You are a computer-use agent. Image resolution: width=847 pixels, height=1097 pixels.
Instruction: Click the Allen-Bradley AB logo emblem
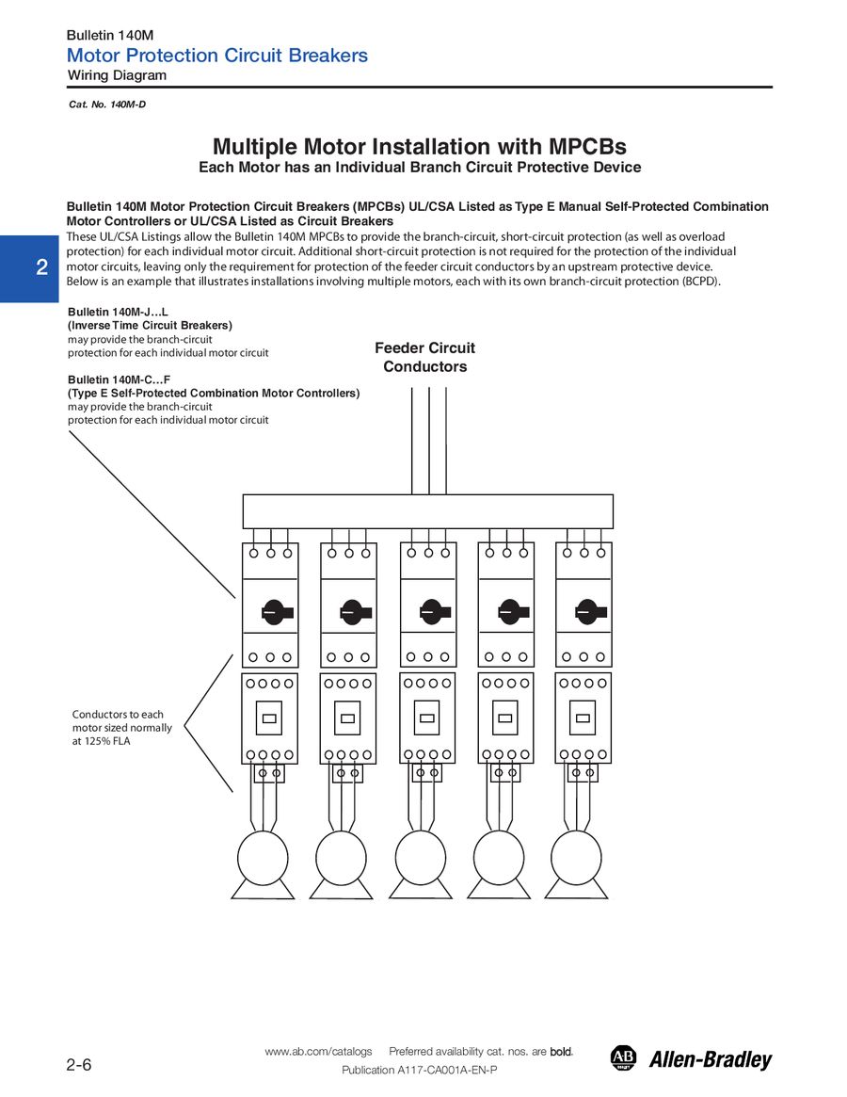(623, 1057)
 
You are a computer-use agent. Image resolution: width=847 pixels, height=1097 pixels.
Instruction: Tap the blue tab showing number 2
(29, 268)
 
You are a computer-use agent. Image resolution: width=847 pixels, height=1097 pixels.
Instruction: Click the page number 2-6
(79, 1065)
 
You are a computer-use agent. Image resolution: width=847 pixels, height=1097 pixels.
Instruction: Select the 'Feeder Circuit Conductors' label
(424, 357)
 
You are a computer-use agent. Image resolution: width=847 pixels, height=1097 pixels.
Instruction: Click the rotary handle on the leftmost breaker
(277, 612)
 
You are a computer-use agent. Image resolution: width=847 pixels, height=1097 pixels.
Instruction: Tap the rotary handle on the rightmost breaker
(590, 612)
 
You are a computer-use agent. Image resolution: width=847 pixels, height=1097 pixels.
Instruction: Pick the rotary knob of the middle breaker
(435, 612)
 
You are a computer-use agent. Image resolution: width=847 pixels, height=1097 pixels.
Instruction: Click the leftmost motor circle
(263, 858)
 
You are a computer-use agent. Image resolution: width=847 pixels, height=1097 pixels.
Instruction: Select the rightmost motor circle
(576, 858)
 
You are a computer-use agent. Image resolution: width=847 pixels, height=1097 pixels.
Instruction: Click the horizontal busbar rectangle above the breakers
(428, 511)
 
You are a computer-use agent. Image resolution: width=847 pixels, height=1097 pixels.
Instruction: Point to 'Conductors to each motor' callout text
(121, 728)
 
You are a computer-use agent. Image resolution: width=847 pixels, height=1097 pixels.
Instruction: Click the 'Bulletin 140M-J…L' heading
(118, 312)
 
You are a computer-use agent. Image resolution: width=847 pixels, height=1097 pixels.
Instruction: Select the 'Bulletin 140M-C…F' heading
(119, 379)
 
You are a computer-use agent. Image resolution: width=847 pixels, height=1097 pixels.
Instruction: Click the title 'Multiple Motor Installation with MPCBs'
(420, 146)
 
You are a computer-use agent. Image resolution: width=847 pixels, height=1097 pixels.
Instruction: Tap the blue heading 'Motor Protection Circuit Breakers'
(216, 56)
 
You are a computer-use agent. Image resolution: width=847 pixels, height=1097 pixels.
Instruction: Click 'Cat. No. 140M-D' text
(107, 105)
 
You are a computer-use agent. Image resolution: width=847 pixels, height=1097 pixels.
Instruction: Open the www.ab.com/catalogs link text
(318, 1051)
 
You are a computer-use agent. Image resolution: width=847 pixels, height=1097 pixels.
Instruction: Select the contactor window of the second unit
(347, 718)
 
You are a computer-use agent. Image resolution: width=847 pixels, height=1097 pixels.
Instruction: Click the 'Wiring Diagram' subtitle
(117, 75)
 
